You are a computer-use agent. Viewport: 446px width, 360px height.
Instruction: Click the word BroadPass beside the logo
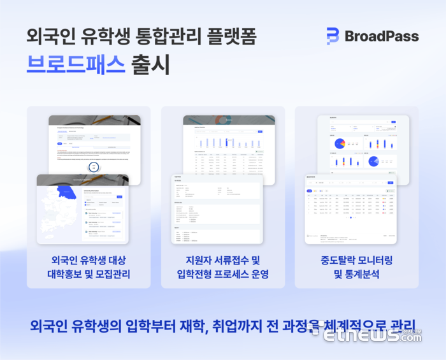coord(381,36)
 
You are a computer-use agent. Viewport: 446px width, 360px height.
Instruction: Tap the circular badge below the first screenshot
coord(94,167)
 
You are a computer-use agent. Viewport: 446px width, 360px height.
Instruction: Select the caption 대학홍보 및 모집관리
coord(89,275)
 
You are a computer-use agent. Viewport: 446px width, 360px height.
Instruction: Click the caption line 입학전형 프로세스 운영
coord(222,275)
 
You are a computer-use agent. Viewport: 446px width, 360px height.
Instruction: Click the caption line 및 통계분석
coord(356,275)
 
